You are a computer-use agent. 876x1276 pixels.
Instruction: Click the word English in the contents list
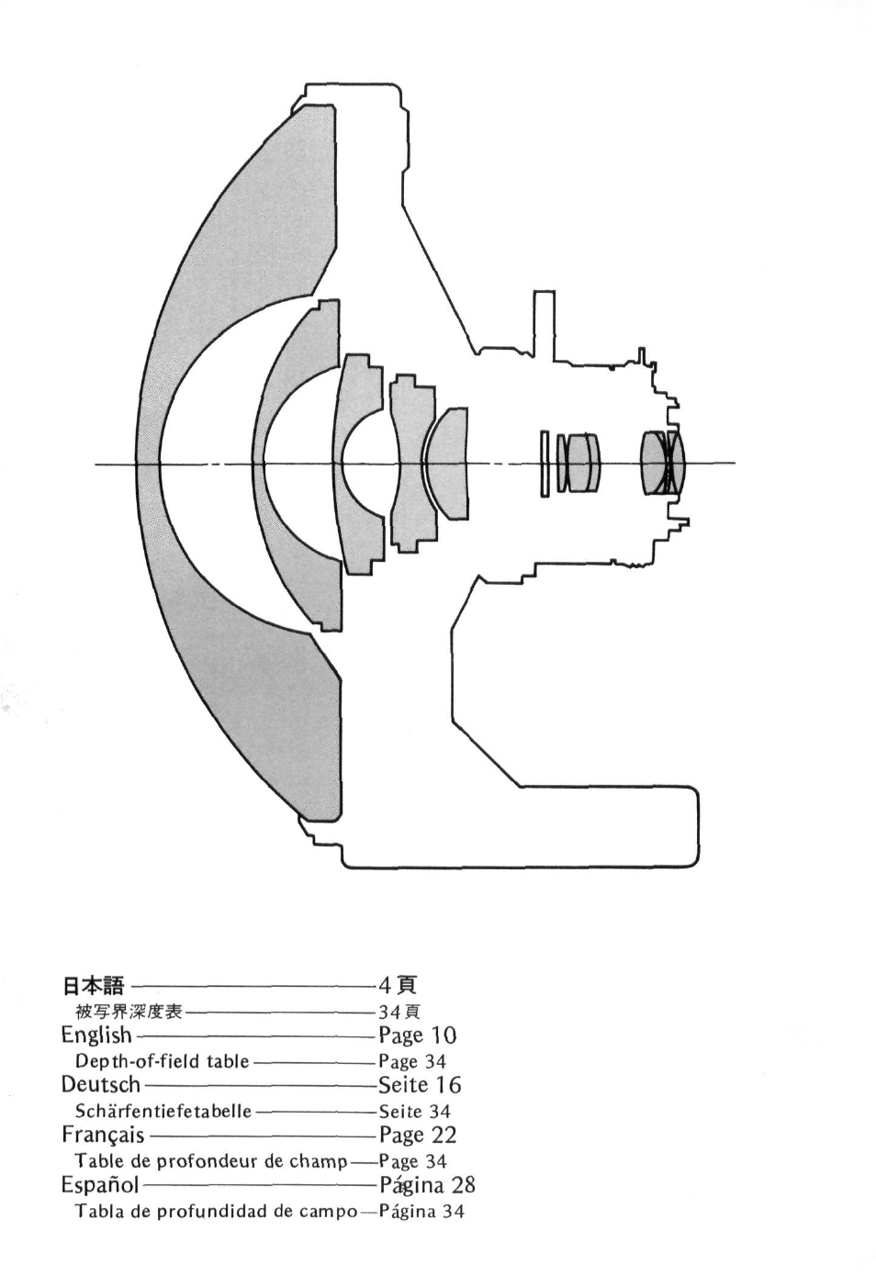[x=96, y=1035]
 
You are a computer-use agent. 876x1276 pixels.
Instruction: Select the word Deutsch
[x=101, y=1085]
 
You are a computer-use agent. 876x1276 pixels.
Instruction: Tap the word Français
[x=103, y=1136]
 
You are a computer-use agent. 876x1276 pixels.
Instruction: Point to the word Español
[x=99, y=1185]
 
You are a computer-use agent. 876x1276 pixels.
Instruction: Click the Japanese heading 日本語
[x=93, y=987]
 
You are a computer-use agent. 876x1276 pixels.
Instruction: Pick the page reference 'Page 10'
[x=417, y=1035]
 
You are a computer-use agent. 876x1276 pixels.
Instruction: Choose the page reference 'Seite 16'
[x=420, y=1085]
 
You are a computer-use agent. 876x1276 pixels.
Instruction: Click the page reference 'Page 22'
[x=417, y=1136]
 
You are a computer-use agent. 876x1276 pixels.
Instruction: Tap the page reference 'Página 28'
[x=427, y=1185]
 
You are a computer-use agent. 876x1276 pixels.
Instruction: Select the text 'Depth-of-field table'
[x=163, y=1062]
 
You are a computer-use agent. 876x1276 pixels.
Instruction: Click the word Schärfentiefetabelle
[x=163, y=1112]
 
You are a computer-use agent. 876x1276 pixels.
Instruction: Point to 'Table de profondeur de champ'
[x=211, y=1161]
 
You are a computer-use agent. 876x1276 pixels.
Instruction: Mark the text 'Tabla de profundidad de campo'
[x=216, y=1212]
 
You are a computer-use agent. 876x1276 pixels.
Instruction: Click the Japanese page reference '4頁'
[x=398, y=987]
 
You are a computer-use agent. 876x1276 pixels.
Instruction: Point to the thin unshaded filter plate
[x=545, y=464]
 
